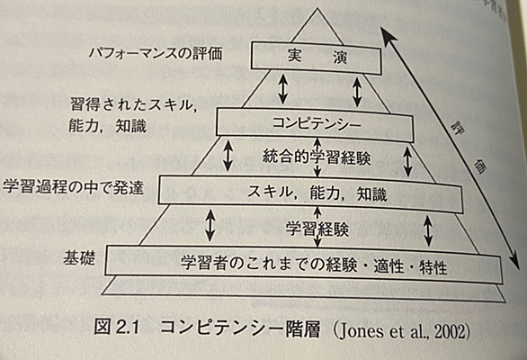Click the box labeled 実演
pyautogui.click(x=316, y=58)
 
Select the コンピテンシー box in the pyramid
pyautogui.click(x=315, y=124)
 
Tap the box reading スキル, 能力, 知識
pyautogui.click(x=310, y=193)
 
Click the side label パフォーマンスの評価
pyautogui.click(x=156, y=53)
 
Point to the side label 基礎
pyautogui.click(x=79, y=258)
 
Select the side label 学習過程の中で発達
pyautogui.click(x=73, y=187)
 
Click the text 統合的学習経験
pyautogui.click(x=317, y=157)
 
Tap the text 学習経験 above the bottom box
pyautogui.click(x=317, y=229)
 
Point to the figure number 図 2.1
pyautogui.click(x=116, y=327)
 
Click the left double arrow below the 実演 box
pyautogui.click(x=283, y=89)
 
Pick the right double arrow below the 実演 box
pyautogui.click(x=357, y=92)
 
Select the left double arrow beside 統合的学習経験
pyautogui.click(x=228, y=156)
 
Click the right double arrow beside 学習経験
pyautogui.click(x=428, y=230)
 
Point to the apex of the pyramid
pyautogui.click(x=317, y=8)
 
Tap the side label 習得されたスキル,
pyautogui.click(x=133, y=105)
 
